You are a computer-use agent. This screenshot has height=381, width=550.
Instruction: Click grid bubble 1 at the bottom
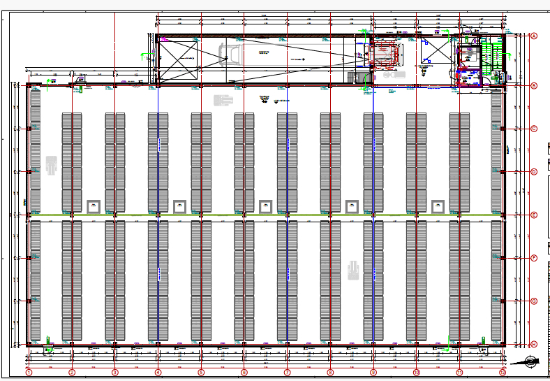pyautogui.click(x=29, y=373)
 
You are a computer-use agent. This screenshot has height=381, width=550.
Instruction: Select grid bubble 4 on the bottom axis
pyautogui.click(x=158, y=373)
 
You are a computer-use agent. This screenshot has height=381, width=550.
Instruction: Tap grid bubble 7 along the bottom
pyautogui.click(x=287, y=373)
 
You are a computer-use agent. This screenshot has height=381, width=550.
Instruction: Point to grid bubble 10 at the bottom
pyautogui.click(x=417, y=373)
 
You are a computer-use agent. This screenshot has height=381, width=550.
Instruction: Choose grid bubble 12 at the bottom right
pyautogui.click(x=503, y=373)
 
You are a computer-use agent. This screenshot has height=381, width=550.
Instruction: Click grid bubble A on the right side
pyautogui.click(x=534, y=36)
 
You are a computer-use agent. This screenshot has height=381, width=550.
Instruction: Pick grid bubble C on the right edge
pyautogui.click(x=534, y=129)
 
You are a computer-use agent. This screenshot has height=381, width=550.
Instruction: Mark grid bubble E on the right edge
pyautogui.click(x=534, y=215)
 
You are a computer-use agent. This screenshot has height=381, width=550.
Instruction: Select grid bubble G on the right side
pyautogui.click(x=534, y=301)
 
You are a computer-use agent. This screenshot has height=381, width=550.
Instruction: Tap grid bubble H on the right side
pyautogui.click(x=534, y=345)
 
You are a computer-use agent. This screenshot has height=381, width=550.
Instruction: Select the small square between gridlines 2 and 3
pyautogui.click(x=94, y=206)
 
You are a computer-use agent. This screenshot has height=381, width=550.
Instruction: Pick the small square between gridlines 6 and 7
pyautogui.click(x=265, y=206)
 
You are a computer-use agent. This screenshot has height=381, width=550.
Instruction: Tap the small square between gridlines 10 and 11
pyautogui.click(x=438, y=206)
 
